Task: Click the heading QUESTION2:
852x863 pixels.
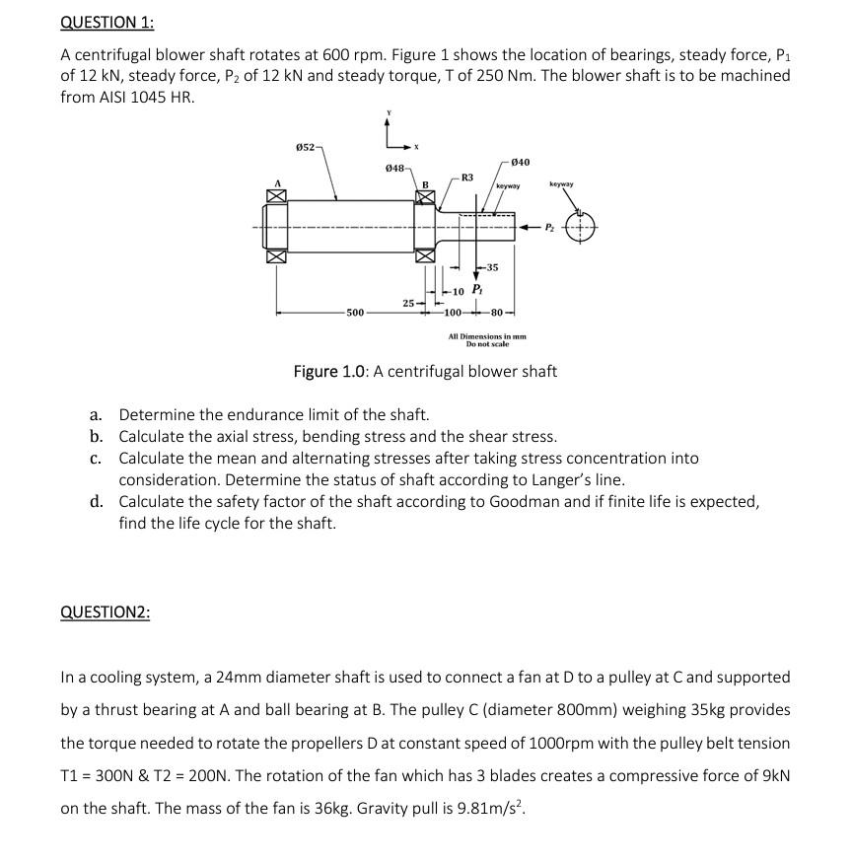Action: click(x=106, y=612)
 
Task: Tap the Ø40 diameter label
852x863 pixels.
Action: click(x=522, y=161)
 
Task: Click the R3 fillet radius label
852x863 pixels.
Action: click(x=466, y=178)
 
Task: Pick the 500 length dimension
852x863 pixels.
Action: click(x=354, y=313)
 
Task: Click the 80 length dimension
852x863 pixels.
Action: click(x=496, y=313)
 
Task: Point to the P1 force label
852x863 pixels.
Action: click(x=476, y=289)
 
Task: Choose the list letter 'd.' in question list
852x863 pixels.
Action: click(x=97, y=501)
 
